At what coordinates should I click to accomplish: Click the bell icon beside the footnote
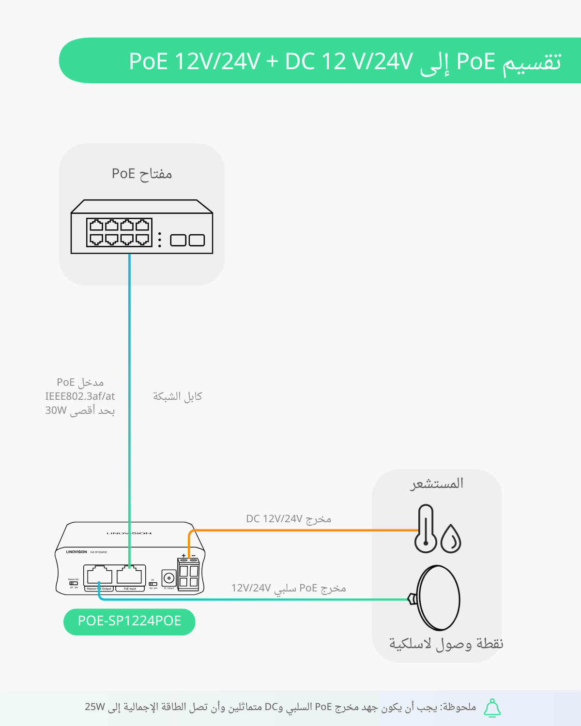[x=492, y=708]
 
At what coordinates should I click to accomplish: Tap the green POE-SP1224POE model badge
[x=129, y=621]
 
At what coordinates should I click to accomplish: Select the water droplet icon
[x=451, y=539]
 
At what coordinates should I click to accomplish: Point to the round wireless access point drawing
[x=438, y=598]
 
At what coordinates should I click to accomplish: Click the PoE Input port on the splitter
[x=130, y=575]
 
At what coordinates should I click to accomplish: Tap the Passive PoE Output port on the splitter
[x=99, y=575]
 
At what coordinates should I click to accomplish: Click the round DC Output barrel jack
[x=168, y=578]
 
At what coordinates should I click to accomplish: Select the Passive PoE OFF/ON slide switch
[x=73, y=583]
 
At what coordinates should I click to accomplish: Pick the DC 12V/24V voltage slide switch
[x=153, y=584]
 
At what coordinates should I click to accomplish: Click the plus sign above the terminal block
[x=183, y=556]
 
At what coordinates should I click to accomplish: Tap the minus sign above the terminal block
[x=194, y=556]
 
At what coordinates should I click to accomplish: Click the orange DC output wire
[x=300, y=530]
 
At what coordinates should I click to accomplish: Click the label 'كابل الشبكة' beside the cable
[x=177, y=396]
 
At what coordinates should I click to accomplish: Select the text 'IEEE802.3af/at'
[x=80, y=396]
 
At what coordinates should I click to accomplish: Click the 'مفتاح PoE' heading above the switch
[x=142, y=174]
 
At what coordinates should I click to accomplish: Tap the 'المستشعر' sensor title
[x=437, y=484]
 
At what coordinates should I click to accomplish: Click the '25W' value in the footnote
[x=95, y=707]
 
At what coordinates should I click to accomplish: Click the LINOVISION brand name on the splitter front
[x=76, y=552]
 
